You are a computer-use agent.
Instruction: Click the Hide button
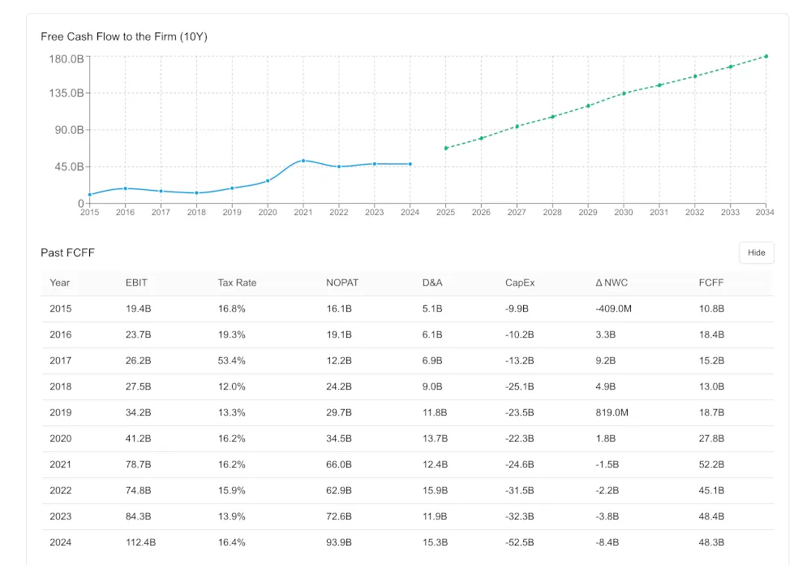point(756,252)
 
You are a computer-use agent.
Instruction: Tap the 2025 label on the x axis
point(445,213)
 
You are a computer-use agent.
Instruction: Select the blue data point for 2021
point(303,161)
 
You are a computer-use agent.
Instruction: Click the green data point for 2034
point(766,57)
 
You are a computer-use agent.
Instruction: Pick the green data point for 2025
point(445,148)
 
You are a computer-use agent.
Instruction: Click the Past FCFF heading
point(68,252)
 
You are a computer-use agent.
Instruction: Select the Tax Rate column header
point(237,282)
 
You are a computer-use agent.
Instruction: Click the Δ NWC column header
point(611,282)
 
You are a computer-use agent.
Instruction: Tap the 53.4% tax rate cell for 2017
point(231,360)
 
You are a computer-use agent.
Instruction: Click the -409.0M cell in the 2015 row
point(614,308)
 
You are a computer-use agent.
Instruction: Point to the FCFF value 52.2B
point(711,464)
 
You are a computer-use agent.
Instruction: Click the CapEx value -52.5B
point(519,542)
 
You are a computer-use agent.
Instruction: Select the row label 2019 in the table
point(60,412)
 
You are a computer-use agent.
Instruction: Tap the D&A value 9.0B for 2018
point(432,386)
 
